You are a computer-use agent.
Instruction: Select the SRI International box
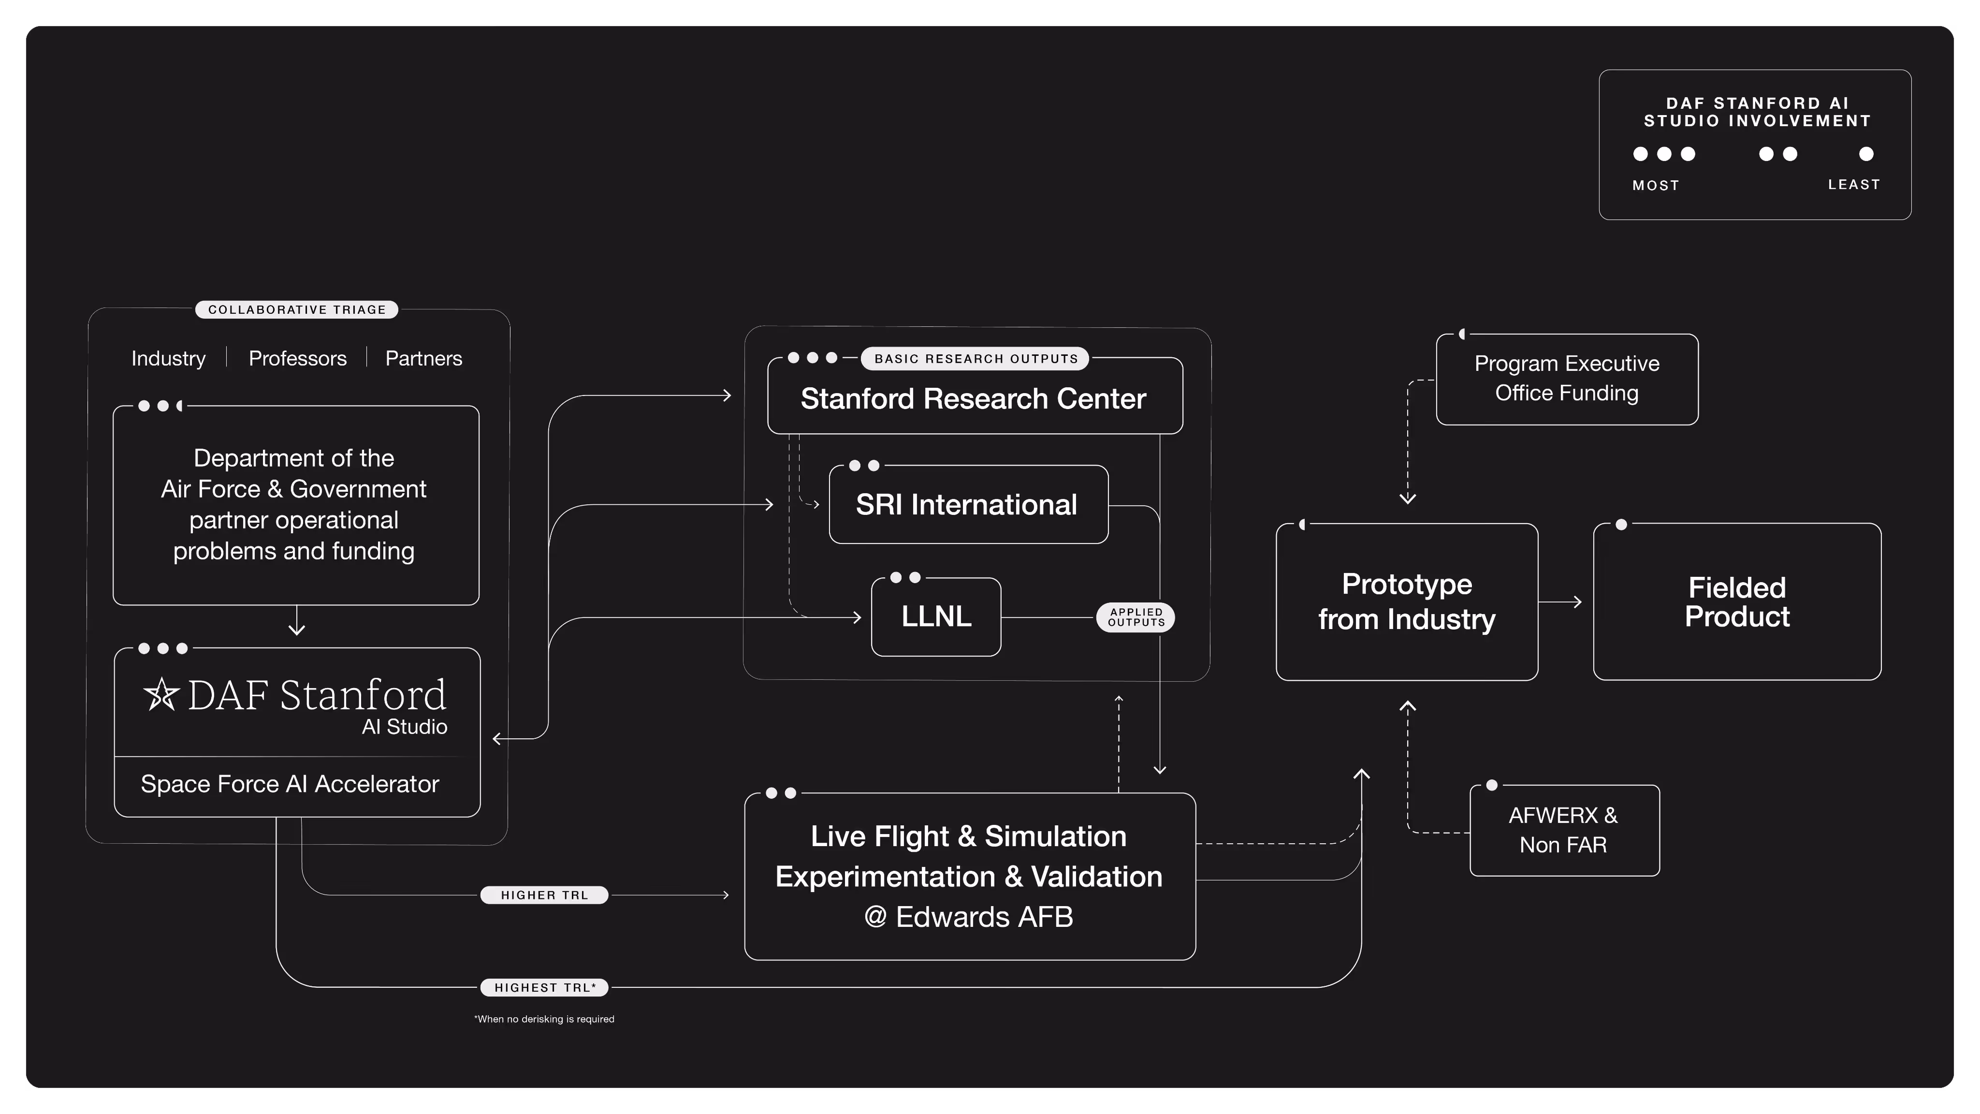click(x=968, y=504)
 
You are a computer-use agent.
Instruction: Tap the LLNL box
click(x=935, y=616)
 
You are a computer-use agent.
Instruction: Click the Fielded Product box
click(x=1736, y=602)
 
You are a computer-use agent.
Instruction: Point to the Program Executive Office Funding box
click(x=1567, y=379)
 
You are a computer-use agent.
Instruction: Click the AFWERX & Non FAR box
click(x=1563, y=830)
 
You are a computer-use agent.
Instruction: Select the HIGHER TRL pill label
click(x=544, y=895)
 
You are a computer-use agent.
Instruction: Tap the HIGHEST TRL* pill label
click(x=544, y=987)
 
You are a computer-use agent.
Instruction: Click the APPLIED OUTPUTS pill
click(x=1136, y=617)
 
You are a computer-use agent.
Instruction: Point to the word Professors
click(x=297, y=358)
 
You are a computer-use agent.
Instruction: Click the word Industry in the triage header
click(x=168, y=358)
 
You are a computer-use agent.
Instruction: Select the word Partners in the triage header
click(x=423, y=358)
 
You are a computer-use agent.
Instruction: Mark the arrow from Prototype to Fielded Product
click(x=1561, y=602)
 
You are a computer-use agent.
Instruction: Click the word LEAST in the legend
click(x=1853, y=185)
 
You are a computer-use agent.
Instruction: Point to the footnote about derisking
click(x=544, y=1019)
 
